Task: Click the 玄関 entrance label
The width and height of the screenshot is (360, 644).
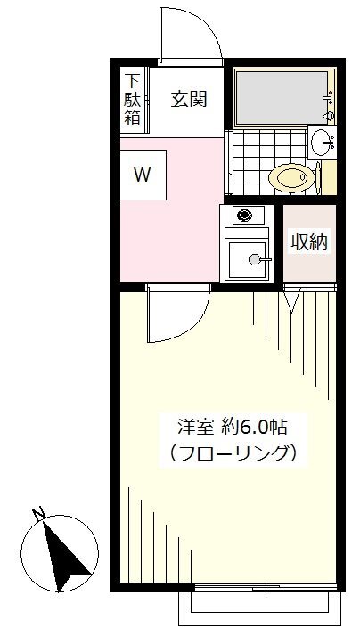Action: coord(189,99)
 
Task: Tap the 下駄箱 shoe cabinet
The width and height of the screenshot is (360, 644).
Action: coord(133,100)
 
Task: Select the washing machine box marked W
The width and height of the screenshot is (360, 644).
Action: coord(143,175)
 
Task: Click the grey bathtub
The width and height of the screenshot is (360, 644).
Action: coord(282,97)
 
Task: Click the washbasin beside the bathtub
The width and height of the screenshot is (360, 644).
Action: coord(323,143)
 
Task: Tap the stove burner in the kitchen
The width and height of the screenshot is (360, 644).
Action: coord(244,215)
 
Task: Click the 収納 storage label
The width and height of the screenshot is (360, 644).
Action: coord(309,242)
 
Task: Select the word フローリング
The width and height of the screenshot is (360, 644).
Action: coord(233,453)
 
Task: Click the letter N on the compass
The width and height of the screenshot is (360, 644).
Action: coord(38,514)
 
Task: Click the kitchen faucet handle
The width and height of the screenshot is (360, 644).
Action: coord(260,259)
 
